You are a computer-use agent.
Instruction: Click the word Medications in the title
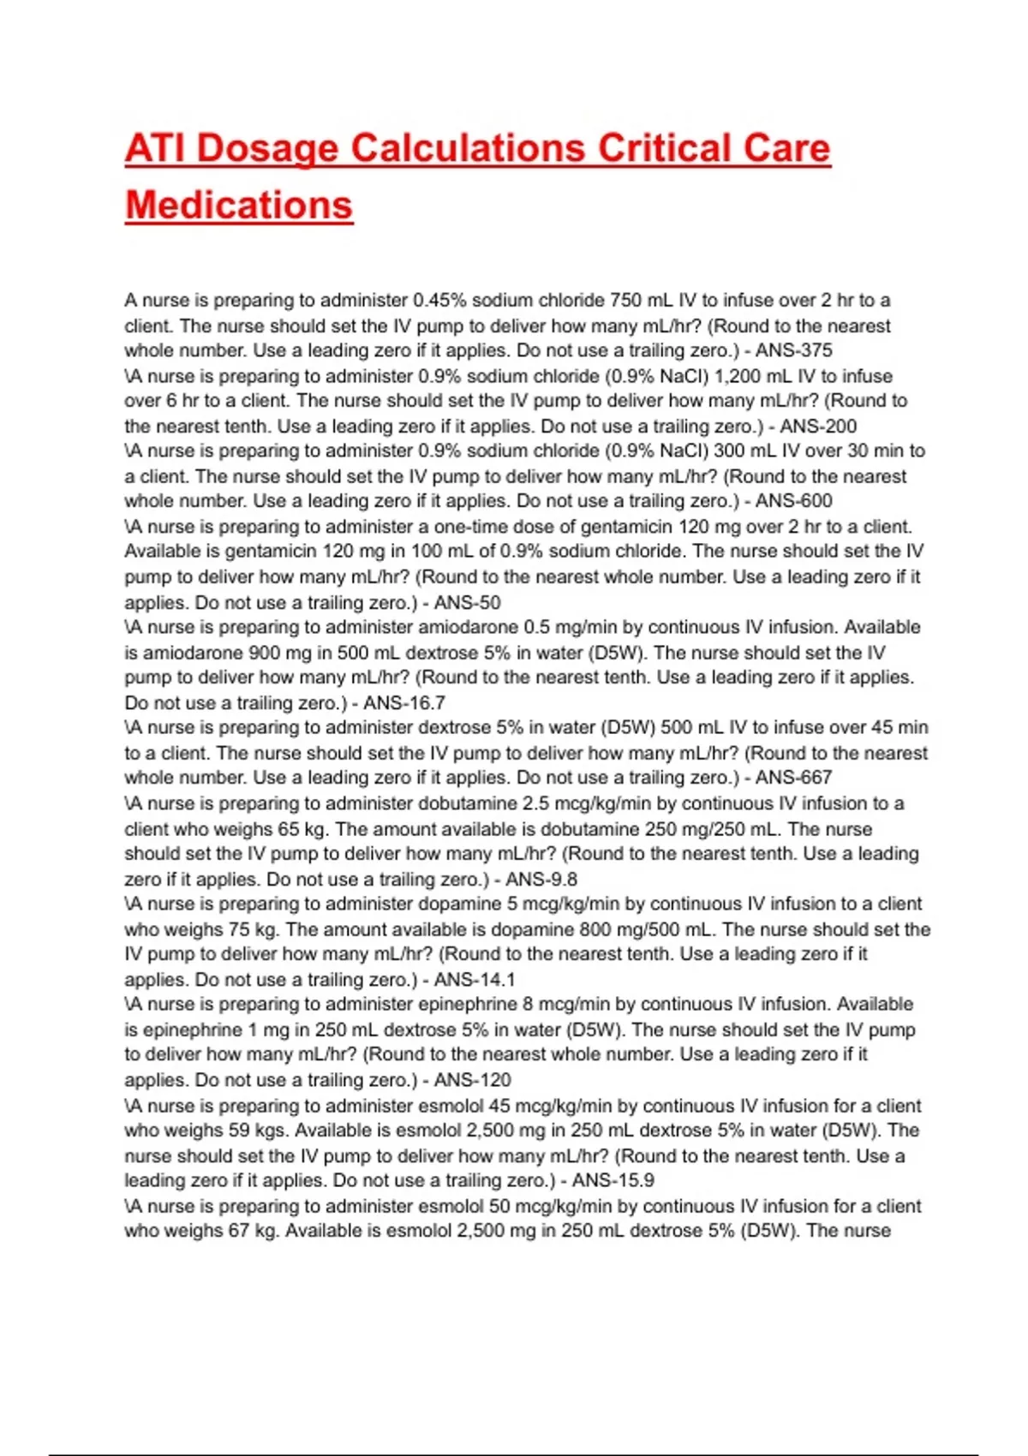239,206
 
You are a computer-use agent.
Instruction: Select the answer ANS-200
818,426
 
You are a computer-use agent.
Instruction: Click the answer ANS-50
467,602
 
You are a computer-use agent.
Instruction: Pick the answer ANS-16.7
404,703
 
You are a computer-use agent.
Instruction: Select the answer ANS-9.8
541,879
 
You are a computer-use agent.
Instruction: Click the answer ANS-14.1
475,980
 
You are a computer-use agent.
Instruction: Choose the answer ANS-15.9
613,1180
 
